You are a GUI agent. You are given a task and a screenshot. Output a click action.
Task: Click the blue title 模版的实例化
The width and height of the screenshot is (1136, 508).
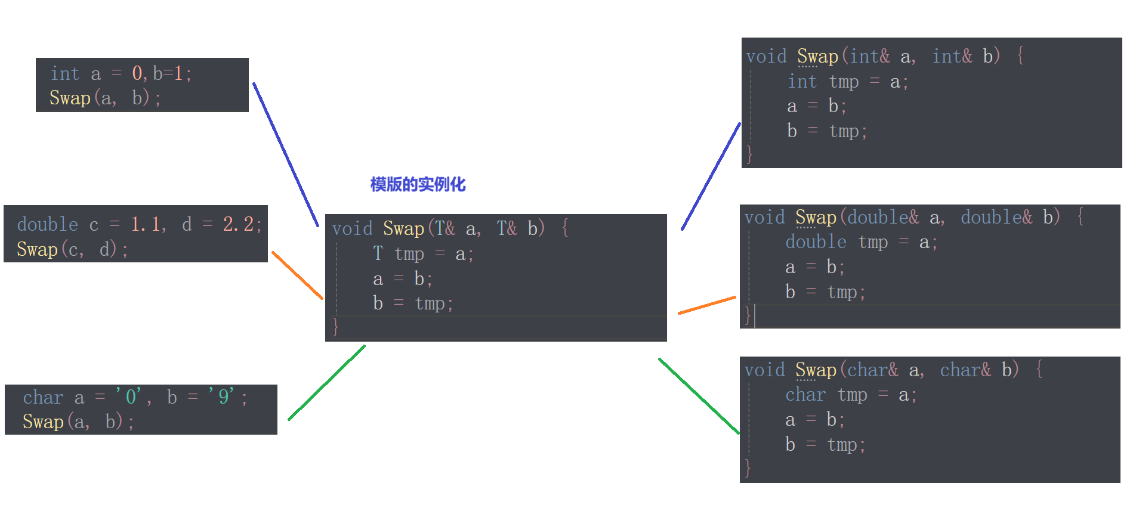pyautogui.click(x=418, y=184)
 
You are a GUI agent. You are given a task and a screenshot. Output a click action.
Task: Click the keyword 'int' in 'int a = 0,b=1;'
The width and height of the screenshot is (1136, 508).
pyautogui.click(x=64, y=74)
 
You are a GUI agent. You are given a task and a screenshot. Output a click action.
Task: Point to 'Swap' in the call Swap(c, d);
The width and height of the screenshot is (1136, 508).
pyautogui.click(x=37, y=249)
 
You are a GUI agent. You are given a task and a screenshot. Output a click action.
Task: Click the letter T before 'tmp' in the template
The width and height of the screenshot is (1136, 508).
pyautogui.click(x=378, y=254)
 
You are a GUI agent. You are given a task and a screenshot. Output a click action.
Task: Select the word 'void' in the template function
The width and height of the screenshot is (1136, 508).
pyautogui.click(x=352, y=229)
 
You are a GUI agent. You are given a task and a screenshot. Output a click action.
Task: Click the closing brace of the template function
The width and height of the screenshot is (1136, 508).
pyautogui.click(x=335, y=327)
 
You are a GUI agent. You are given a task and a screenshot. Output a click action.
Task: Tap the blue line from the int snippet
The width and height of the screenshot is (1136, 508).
pyautogui.click(x=285, y=154)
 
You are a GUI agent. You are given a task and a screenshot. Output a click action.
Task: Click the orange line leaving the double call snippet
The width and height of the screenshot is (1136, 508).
pyautogui.click(x=297, y=275)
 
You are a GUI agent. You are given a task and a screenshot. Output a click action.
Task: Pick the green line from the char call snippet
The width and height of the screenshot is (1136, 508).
pyautogui.click(x=327, y=382)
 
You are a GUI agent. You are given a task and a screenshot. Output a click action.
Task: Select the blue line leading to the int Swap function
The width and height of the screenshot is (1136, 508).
pyautogui.click(x=711, y=176)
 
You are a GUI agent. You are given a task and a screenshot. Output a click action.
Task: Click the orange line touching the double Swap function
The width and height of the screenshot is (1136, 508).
pyautogui.click(x=707, y=305)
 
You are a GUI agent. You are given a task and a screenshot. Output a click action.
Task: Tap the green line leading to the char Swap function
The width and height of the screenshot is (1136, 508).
pyautogui.click(x=699, y=396)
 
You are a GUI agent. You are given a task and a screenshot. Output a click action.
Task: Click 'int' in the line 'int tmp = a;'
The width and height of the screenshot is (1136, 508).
pyautogui.click(x=802, y=82)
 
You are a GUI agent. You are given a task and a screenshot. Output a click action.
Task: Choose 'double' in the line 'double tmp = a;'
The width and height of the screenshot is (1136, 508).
pyautogui.click(x=816, y=242)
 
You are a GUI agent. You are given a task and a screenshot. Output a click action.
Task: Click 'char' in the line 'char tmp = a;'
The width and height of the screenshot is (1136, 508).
pyautogui.click(x=805, y=395)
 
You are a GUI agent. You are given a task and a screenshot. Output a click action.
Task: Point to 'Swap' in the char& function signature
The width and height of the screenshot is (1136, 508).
pyautogui.click(x=816, y=370)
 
